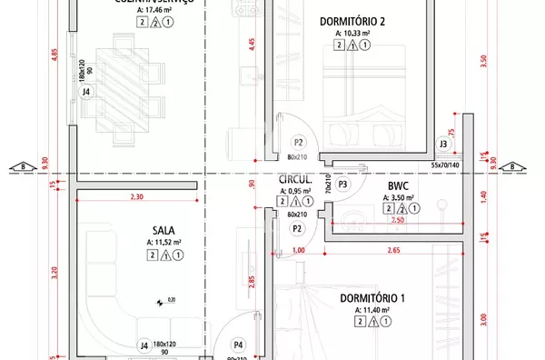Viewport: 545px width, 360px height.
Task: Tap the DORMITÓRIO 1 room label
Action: [372, 298]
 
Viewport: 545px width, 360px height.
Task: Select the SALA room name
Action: [163, 230]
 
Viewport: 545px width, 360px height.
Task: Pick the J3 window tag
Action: [442, 144]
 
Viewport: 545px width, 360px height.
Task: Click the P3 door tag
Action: [342, 185]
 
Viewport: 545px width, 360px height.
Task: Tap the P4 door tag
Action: [238, 345]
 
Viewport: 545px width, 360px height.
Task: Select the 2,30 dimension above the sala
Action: [137, 196]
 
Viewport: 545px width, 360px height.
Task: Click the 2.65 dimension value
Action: [394, 251]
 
